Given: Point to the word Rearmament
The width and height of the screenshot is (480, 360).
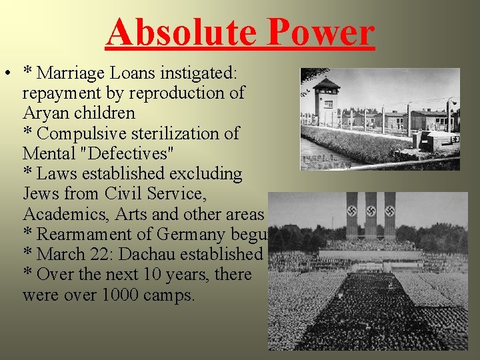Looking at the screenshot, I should [86, 234].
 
